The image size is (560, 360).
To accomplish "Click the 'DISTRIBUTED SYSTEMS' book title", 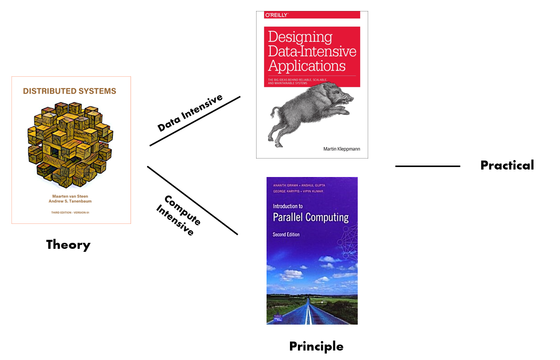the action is click(x=70, y=91).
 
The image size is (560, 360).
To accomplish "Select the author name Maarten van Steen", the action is click(x=71, y=196).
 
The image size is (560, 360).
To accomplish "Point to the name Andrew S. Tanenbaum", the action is click(x=71, y=202).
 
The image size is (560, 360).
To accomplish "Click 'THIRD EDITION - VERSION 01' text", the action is click(x=71, y=213).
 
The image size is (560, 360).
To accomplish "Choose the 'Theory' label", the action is click(x=68, y=245).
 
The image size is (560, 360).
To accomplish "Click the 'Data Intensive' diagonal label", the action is click(x=190, y=113).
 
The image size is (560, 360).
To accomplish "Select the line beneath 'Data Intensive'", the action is click(x=195, y=121).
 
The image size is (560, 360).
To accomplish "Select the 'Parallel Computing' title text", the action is click(x=310, y=217).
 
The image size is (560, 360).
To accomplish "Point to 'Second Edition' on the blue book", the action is click(x=286, y=234).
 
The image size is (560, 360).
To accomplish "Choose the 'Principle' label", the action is click(x=316, y=346).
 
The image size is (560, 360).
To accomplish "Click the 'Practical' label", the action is click(x=507, y=166).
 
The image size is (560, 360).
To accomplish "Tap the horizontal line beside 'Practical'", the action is click(x=427, y=166).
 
